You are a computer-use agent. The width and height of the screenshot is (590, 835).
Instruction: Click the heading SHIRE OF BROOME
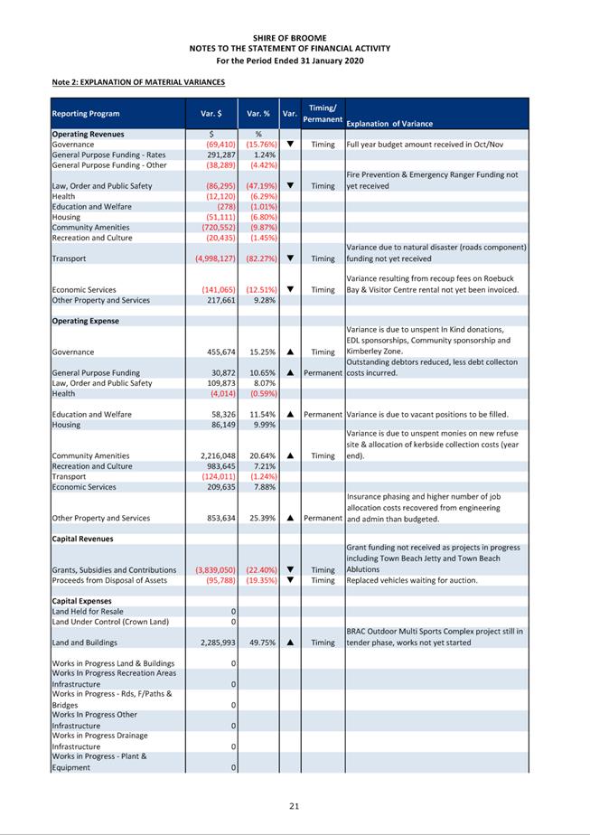pos(295,38)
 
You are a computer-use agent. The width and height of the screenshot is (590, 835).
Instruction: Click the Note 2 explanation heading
pos(138,82)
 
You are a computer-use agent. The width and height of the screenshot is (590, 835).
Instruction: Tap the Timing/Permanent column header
pos(323,113)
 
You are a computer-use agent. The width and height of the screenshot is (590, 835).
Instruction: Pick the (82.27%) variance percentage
pos(259,258)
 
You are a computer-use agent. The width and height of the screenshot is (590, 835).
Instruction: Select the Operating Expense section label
pos(85,321)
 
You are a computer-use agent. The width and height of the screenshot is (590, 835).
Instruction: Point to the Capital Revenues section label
pos(82,539)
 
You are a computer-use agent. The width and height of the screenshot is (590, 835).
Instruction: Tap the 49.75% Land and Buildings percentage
pos(260,643)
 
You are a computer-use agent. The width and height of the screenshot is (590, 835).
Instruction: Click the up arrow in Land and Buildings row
pos(290,643)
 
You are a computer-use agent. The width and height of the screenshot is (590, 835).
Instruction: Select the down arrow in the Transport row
pos(290,258)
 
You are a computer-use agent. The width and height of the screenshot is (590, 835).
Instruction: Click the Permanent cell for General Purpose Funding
pos(323,372)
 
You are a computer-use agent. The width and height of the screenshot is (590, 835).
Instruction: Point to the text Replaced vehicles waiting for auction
pos(413,580)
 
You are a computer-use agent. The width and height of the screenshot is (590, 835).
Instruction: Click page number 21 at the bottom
pos(295,805)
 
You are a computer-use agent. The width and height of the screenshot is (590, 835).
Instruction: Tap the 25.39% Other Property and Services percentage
pos(260,519)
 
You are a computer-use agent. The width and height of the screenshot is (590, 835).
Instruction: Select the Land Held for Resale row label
pos(89,612)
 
